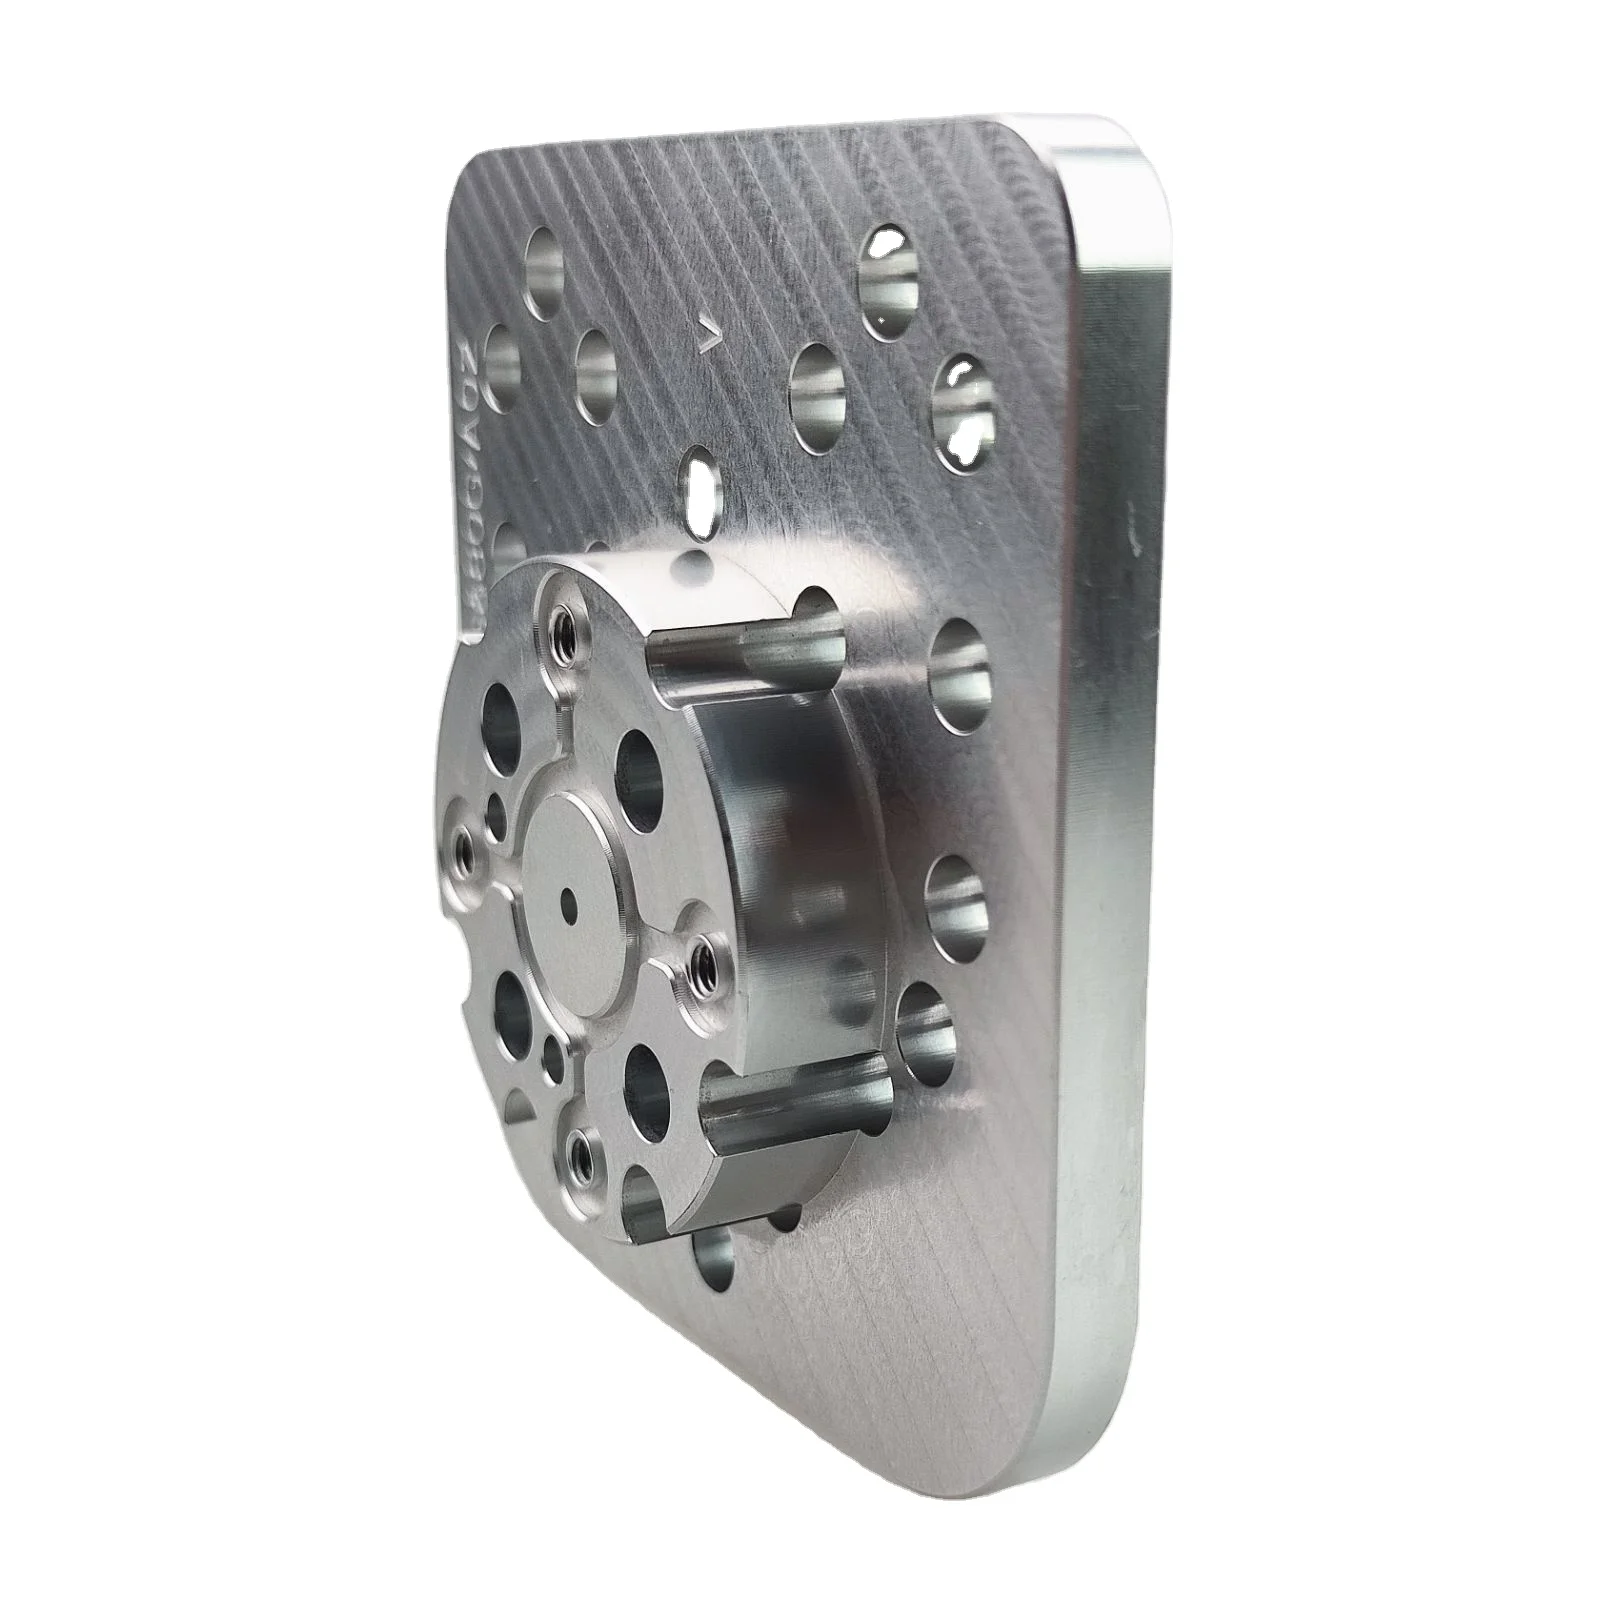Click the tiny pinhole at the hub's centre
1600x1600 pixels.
[567, 897]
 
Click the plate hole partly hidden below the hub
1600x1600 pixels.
[715, 1255]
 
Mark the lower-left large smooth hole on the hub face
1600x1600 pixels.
[514, 1008]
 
